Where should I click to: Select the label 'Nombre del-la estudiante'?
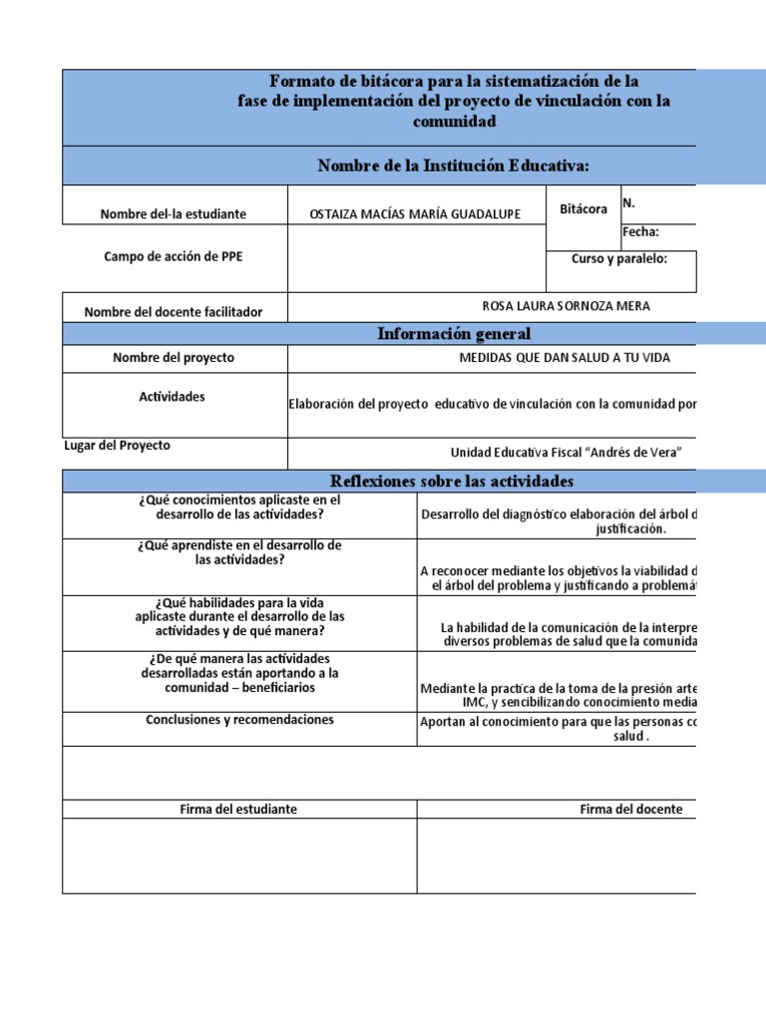click(x=173, y=214)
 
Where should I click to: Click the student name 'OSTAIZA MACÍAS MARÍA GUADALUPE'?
click(x=417, y=214)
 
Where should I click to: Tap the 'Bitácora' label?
click(x=583, y=209)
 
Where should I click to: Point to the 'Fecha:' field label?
click(x=641, y=233)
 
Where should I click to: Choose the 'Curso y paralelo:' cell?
click(x=618, y=259)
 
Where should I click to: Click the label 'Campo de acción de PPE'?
click(x=173, y=256)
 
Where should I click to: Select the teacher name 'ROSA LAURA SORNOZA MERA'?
click(x=558, y=306)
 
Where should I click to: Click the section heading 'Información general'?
click(x=454, y=334)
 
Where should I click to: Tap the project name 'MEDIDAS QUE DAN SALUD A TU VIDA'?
click(x=565, y=358)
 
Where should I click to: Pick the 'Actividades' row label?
click(x=172, y=397)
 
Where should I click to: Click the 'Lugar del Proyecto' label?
click(x=117, y=446)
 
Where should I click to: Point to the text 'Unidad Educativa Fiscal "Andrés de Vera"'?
click(x=566, y=453)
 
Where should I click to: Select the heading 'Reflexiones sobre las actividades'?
click(x=452, y=482)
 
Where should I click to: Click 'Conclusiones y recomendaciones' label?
click(x=239, y=720)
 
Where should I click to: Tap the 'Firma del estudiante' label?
click(x=239, y=810)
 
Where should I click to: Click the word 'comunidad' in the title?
click(x=454, y=122)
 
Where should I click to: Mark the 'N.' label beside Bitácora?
click(x=629, y=203)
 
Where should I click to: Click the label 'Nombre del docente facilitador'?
click(x=174, y=312)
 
